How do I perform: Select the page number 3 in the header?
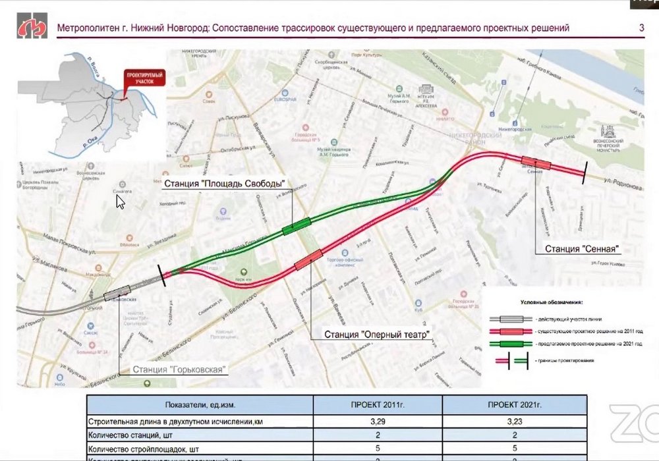pos(641,28)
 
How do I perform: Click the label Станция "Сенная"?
pos(583,249)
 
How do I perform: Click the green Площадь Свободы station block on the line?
pos(296,226)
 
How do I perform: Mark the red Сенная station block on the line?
pos(536,163)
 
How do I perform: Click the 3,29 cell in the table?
pos(378,421)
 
